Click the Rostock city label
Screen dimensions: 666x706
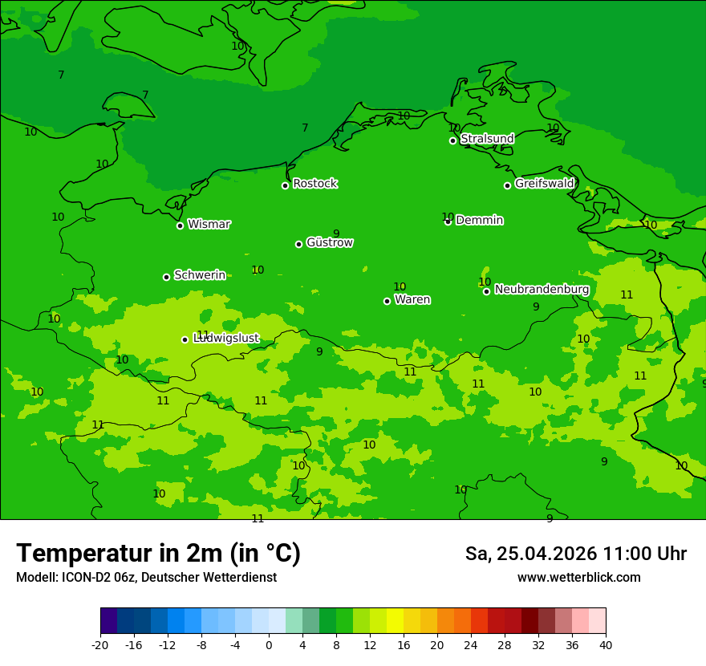tap(314, 184)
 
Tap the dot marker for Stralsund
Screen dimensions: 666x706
tap(452, 140)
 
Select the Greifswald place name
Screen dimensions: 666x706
tap(544, 184)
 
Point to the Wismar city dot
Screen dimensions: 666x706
tap(180, 225)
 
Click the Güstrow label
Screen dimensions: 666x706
tap(329, 242)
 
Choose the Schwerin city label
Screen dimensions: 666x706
tap(200, 275)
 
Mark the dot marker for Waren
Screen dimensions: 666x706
tap(387, 301)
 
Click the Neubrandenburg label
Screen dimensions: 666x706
tap(542, 290)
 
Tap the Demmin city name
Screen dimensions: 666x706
tap(479, 220)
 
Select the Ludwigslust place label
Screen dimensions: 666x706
tap(226, 339)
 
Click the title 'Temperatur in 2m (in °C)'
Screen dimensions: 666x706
tap(158, 554)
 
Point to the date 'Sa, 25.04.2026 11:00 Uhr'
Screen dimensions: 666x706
tap(575, 554)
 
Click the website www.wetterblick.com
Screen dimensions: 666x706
tap(578, 578)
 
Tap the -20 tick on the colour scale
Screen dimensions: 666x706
tap(100, 645)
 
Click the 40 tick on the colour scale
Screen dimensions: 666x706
tap(605, 645)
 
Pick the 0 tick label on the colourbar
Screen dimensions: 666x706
tap(269, 645)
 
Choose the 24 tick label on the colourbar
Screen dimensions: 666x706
tap(470, 645)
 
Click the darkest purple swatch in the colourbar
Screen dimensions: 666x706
tap(108, 621)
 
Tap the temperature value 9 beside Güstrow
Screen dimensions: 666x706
tap(336, 234)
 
